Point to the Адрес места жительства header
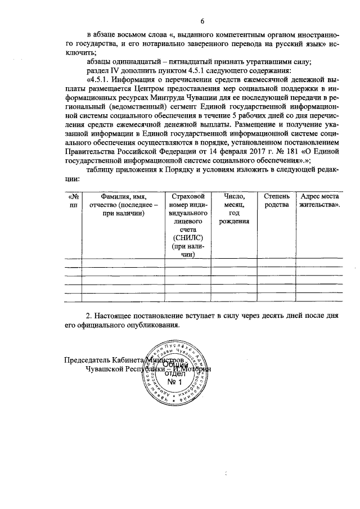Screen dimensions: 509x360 [x=319, y=201]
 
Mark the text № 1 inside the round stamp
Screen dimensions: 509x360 [x=177, y=384]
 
